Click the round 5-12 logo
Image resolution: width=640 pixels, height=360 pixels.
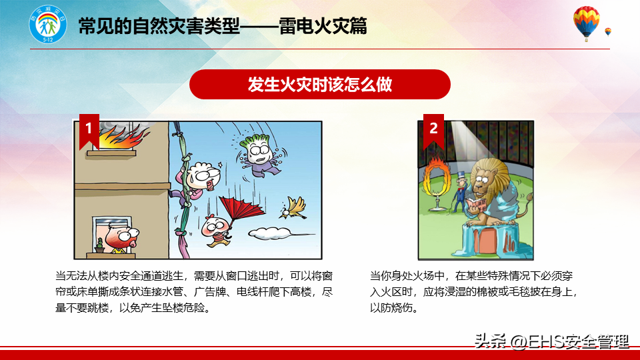(x=48, y=25)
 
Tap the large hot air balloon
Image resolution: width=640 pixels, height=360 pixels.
(x=586, y=23)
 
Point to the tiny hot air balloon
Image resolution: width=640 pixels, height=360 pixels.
(x=608, y=32)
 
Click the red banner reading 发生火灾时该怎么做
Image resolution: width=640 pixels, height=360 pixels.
(x=319, y=85)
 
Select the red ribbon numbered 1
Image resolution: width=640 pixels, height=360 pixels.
(x=89, y=131)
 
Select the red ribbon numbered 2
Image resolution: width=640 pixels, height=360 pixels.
(x=433, y=131)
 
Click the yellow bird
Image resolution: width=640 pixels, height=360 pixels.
(x=293, y=208)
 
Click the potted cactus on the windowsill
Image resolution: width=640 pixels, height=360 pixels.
(x=99, y=246)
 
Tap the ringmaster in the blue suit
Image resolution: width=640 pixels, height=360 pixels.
(x=460, y=191)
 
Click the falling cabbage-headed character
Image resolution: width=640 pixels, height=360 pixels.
(x=259, y=156)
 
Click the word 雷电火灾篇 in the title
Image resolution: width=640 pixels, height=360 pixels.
(x=323, y=26)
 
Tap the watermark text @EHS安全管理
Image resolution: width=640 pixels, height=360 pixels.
(x=569, y=341)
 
